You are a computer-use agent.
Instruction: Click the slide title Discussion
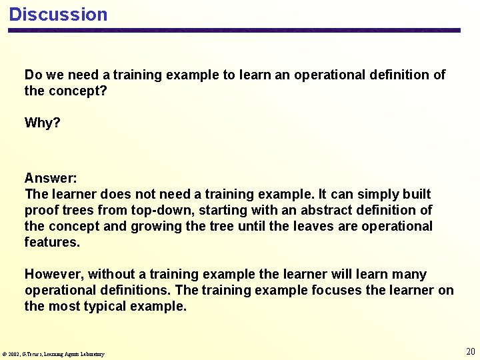click(58, 15)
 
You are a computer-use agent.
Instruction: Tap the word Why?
click(42, 123)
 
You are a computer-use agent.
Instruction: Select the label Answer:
click(51, 178)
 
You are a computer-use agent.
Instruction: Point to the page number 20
click(470, 351)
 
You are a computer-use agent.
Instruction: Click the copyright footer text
click(53, 354)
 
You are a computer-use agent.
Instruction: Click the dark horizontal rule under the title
click(233, 31)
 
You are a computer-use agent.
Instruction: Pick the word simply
click(376, 194)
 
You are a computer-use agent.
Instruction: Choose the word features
click(52, 242)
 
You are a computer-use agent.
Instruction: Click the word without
click(111, 274)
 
